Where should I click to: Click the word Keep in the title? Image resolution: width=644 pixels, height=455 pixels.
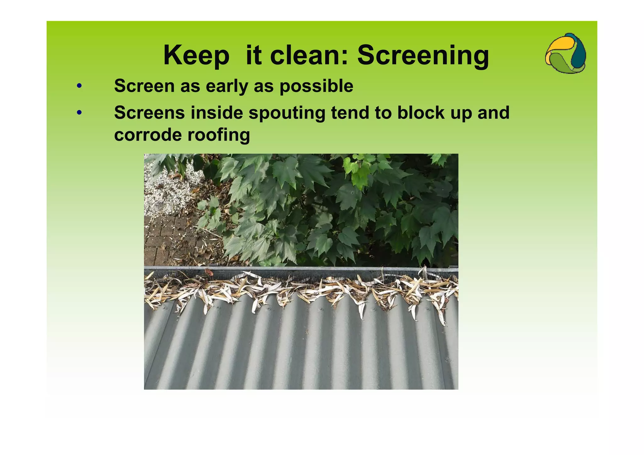196,55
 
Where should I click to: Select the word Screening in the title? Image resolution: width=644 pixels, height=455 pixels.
423,55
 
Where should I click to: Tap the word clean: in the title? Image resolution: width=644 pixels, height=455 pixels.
309,55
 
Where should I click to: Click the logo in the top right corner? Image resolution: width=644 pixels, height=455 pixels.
565,53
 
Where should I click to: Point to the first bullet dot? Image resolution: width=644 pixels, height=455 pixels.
79,86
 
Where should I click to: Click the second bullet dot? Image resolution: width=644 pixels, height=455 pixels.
79,112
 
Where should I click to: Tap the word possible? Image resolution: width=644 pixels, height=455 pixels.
316,86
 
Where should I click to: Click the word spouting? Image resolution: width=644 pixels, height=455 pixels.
287,113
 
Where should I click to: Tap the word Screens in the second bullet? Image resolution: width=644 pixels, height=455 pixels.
149,113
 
